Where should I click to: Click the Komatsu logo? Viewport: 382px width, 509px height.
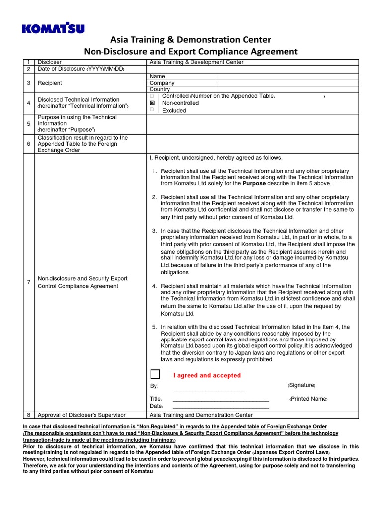point(53,28)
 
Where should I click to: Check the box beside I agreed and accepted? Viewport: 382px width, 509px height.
point(155,375)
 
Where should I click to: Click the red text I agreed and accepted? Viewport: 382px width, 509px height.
point(206,375)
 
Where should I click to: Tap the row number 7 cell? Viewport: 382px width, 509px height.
point(29,282)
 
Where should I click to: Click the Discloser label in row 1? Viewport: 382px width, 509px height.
point(50,62)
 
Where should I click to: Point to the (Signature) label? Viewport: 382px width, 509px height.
point(301,386)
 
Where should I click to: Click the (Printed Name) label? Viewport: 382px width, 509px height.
point(308,399)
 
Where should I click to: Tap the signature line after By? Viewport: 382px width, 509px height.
point(208,389)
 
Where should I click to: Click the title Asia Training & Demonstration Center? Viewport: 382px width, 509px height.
point(191,40)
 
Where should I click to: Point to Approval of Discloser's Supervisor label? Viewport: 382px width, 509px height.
point(82,415)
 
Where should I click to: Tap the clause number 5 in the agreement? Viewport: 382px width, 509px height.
point(154,327)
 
